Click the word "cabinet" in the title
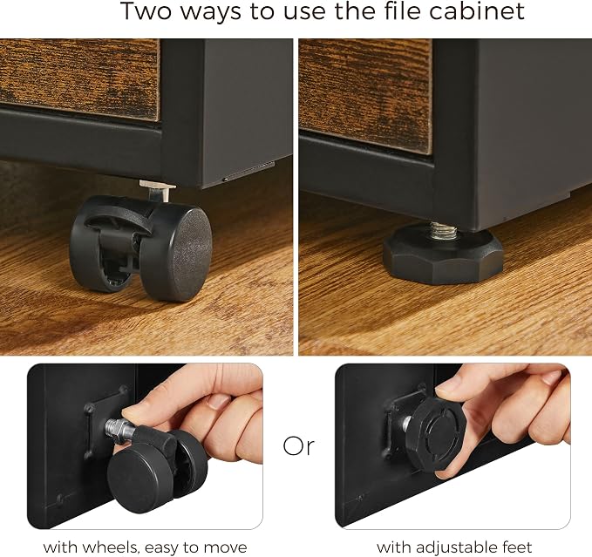477,10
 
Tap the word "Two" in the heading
146,10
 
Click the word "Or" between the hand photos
298,446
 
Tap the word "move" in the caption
226,547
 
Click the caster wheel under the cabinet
140,248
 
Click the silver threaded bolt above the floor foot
444,230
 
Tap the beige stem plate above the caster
158,186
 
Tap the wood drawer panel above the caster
79,78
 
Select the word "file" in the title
403,10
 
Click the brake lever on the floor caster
117,220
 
